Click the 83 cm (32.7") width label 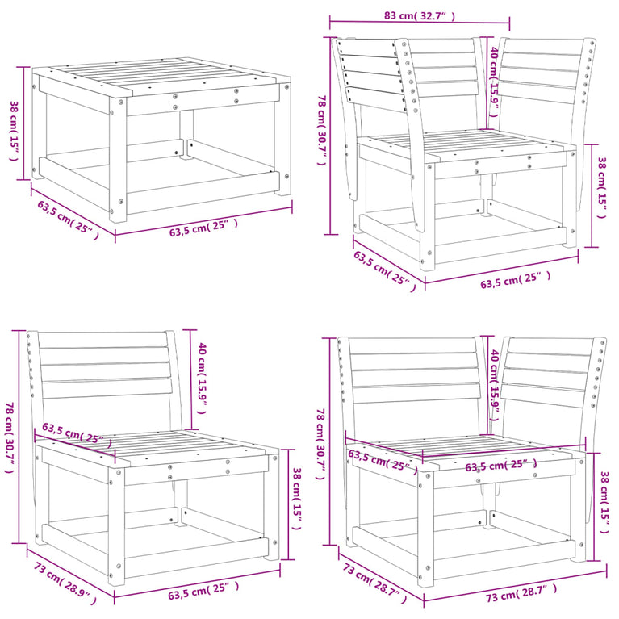[422, 15]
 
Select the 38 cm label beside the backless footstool [14, 129]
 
